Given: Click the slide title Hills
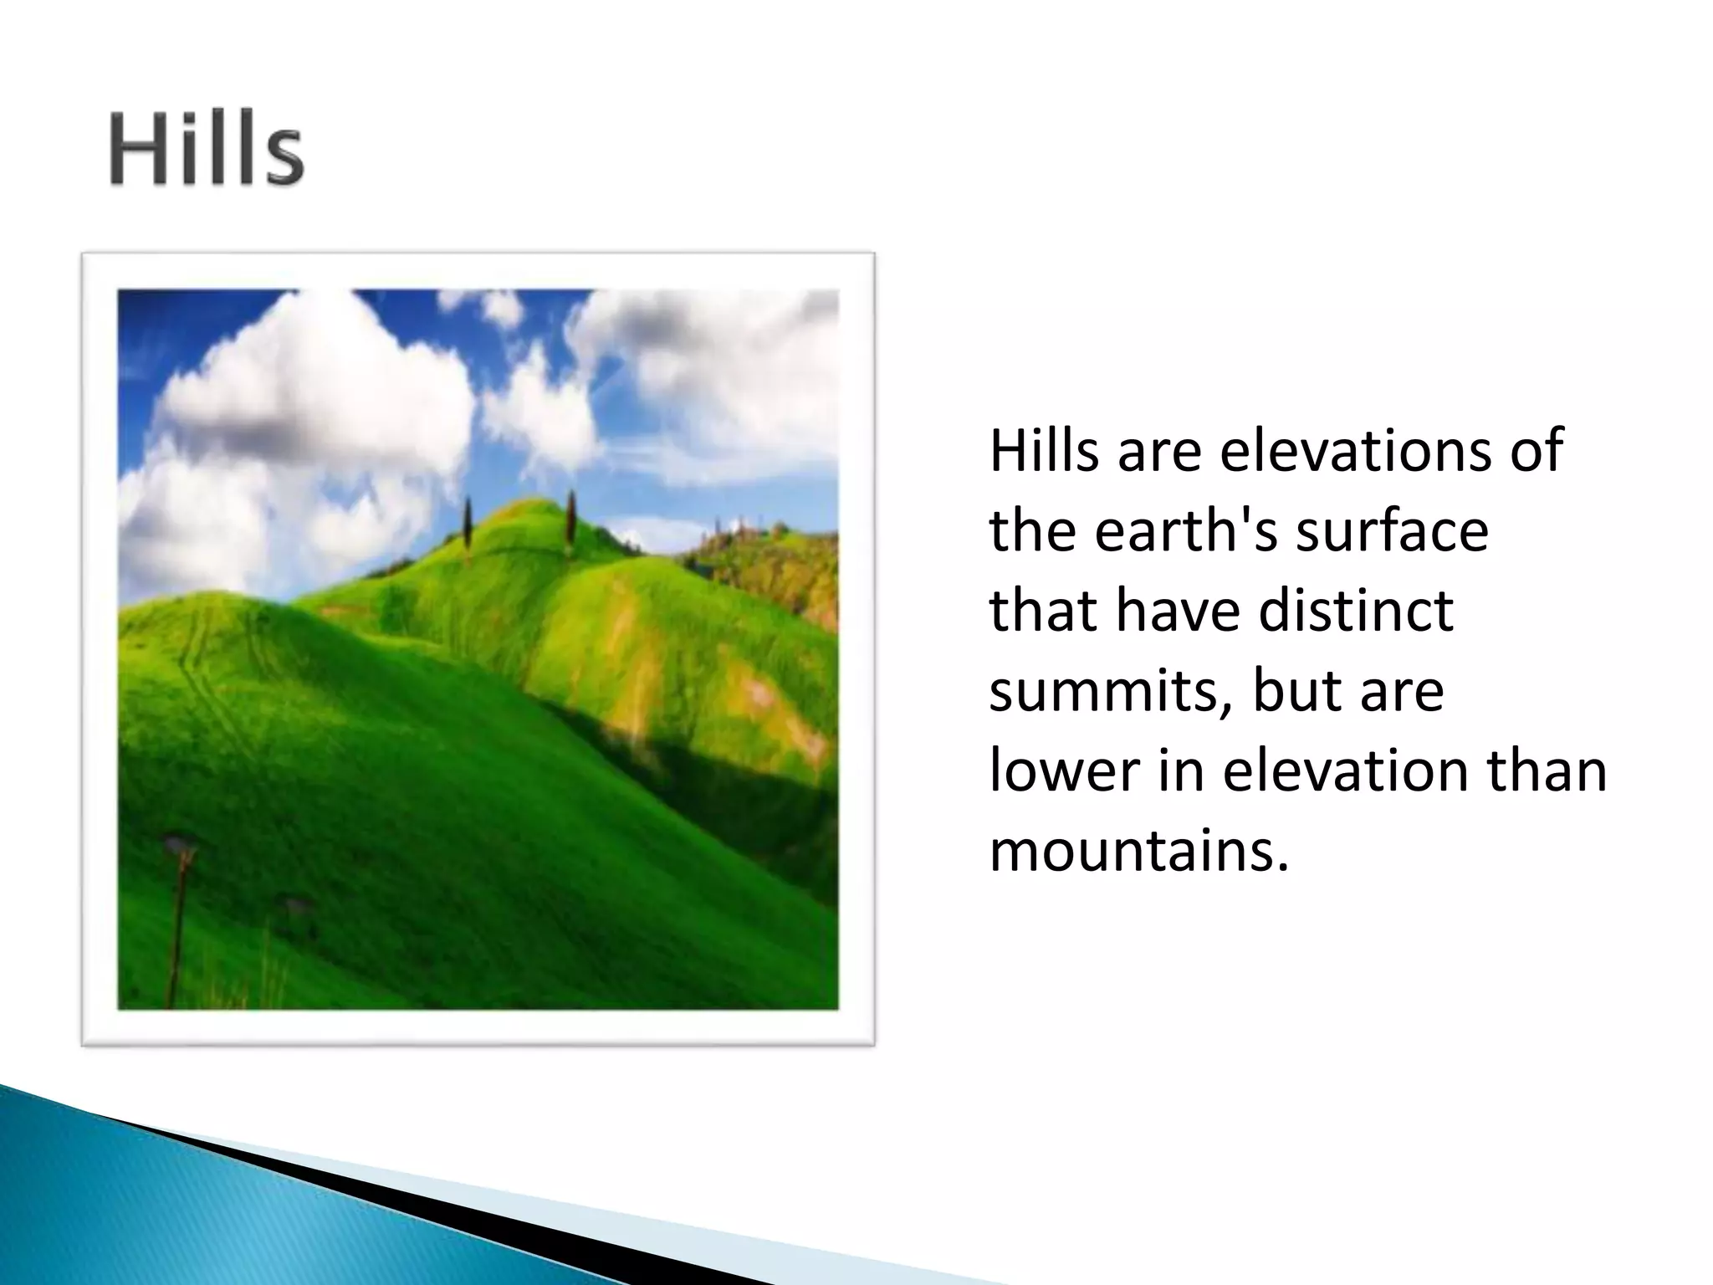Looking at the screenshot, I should click(206, 151).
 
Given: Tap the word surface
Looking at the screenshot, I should click(1392, 531).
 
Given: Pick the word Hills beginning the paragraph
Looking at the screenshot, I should click(1044, 452).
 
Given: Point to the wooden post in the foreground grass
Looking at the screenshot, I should click(176, 920).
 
